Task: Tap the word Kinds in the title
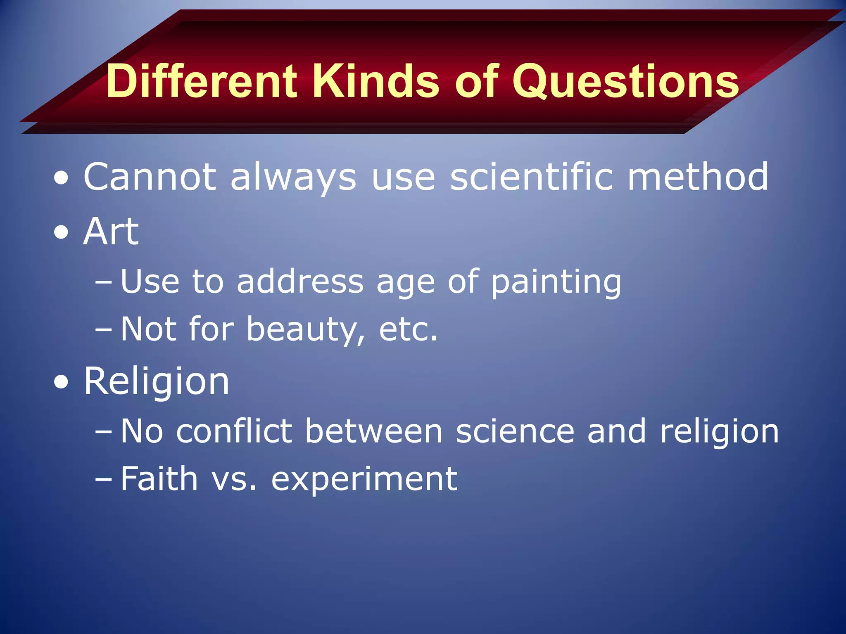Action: click(377, 81)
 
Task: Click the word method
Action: click(698, 177)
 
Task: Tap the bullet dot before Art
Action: click(61, 232)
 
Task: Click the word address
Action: click(300, 282)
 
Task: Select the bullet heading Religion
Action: click(156, 382)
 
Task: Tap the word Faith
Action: click(159, 478)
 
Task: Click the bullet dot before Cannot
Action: click(61, 178)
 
